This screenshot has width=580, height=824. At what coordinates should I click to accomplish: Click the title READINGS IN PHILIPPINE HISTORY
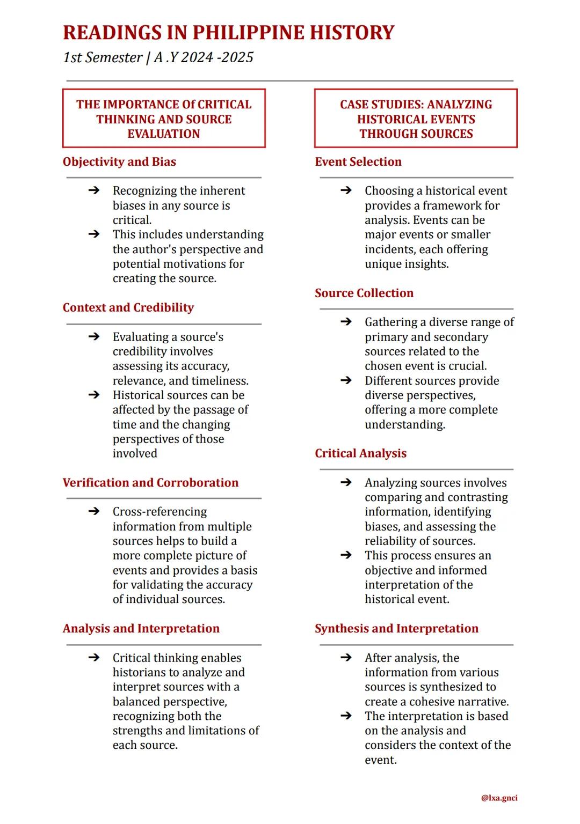228,33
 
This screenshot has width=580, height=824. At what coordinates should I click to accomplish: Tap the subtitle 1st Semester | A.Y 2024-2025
158,57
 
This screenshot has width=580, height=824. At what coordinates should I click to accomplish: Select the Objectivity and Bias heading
119,162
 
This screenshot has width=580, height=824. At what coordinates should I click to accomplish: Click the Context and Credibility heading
128,308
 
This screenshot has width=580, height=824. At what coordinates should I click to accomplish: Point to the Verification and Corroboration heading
150,483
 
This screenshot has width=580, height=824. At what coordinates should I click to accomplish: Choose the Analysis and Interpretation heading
141,629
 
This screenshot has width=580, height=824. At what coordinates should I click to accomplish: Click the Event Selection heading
358,162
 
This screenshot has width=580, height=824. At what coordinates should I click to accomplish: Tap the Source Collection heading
364,293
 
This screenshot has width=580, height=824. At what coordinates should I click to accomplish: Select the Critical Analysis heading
360,454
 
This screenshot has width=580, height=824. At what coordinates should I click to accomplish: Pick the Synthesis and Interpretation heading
396,629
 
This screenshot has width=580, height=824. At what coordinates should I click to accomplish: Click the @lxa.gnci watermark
499,798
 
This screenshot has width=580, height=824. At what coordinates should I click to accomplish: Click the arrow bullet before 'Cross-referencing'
94,511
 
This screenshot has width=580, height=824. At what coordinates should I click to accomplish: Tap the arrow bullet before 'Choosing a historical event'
346,190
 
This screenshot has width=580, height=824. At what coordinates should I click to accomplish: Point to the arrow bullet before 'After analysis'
346,658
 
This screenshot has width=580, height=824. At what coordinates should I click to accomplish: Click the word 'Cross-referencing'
160,512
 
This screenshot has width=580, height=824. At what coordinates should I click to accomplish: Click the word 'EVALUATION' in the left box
164,134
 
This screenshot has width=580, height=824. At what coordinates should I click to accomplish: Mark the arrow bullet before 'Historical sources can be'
94,395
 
